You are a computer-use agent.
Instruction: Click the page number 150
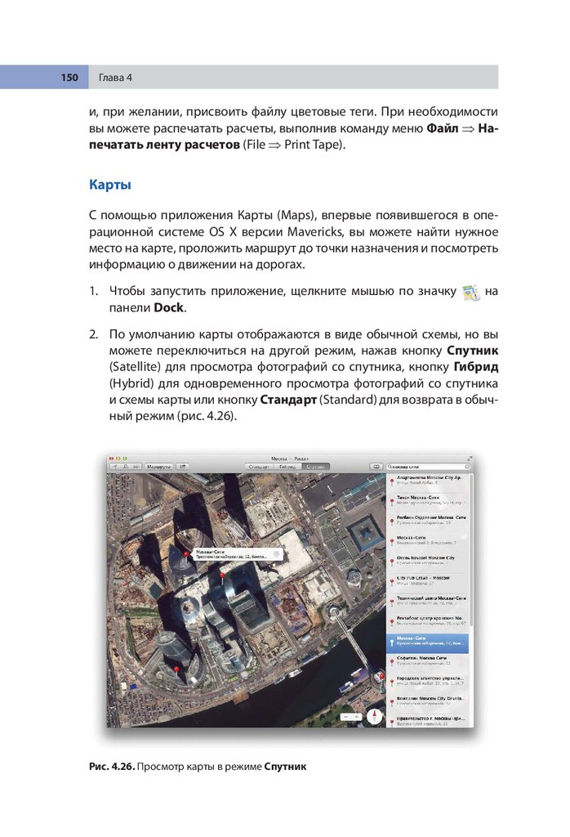click(69, 78)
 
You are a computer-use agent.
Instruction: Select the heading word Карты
click(110, 186)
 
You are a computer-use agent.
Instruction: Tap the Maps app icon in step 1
click(470, 293)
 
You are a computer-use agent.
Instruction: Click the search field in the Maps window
click(428, 465)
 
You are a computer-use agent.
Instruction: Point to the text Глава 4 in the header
click(116, 78)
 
